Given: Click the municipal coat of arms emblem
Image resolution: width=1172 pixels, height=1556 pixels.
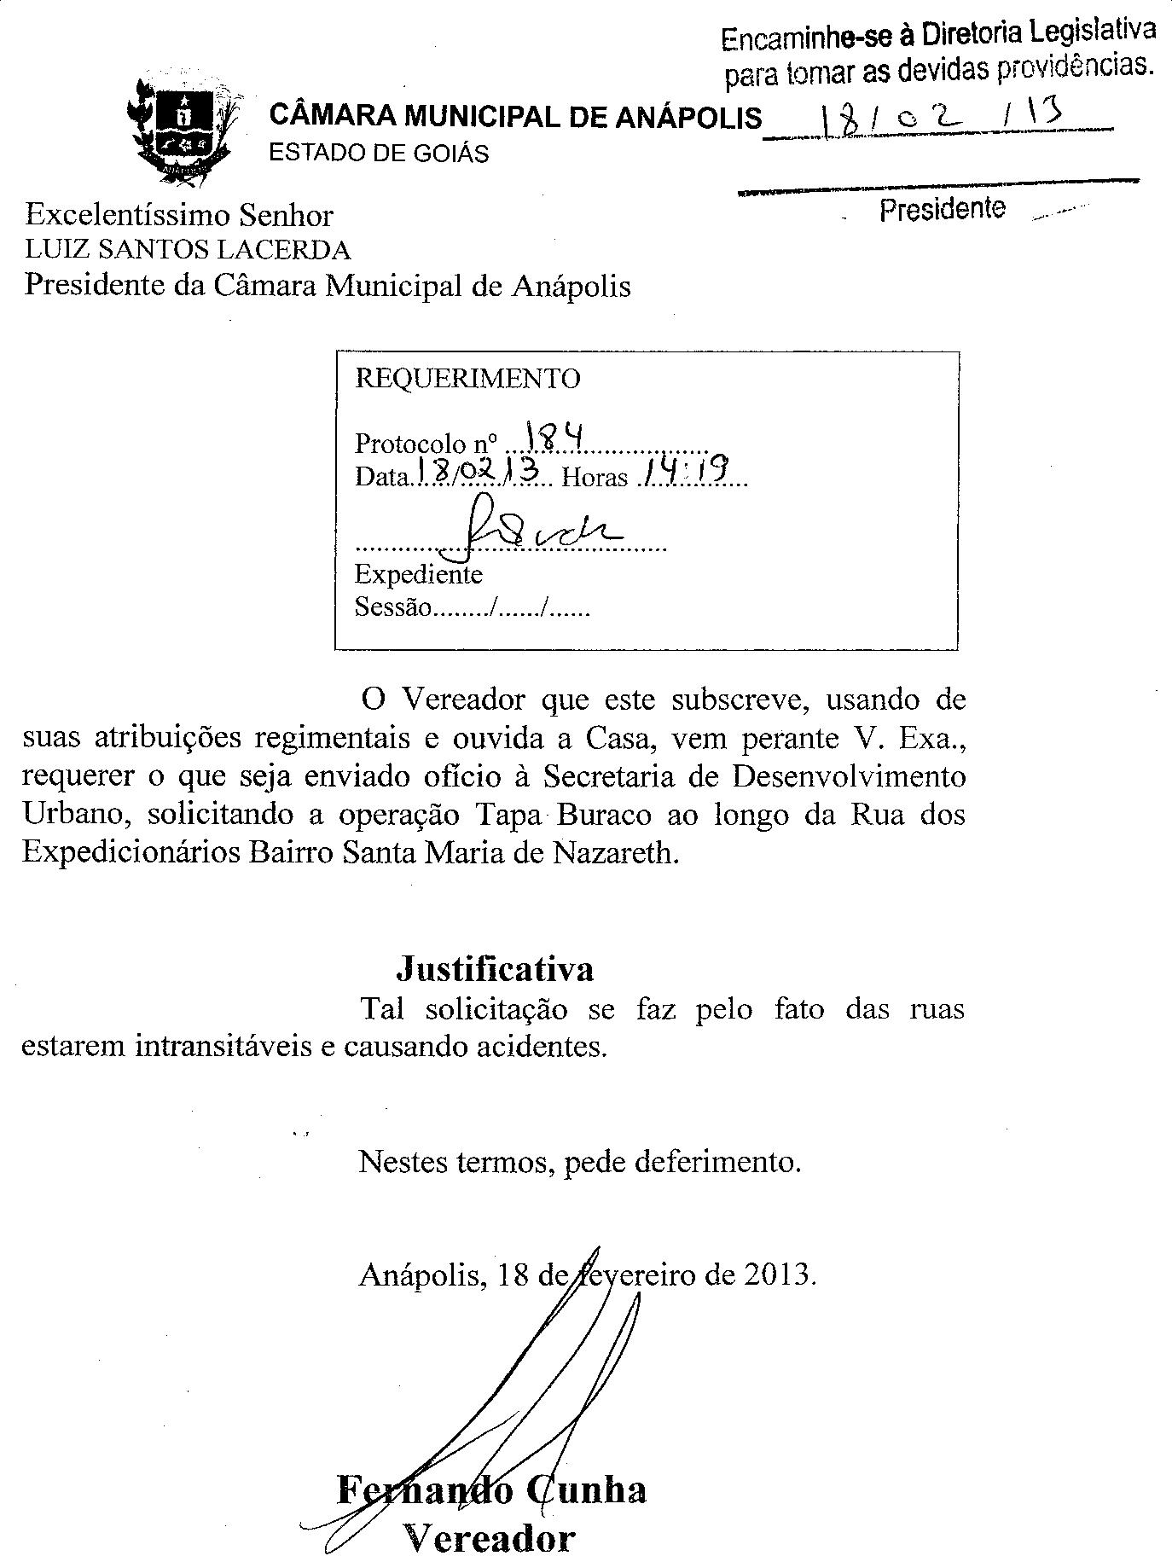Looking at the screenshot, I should (183, 128).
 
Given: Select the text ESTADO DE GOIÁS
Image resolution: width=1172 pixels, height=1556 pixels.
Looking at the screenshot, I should (379, 154).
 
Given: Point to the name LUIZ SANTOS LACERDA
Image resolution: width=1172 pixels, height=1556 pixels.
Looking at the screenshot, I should (188, 250).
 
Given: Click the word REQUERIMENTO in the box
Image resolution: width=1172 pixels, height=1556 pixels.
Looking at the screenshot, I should (467, 378).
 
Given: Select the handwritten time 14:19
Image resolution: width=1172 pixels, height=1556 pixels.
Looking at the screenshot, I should (689, 468).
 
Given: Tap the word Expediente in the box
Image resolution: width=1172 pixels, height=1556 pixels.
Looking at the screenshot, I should (418, 574).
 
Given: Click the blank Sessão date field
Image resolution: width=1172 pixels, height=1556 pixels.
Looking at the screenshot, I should (512, 608).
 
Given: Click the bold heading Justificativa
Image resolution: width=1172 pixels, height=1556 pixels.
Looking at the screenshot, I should (495, 969).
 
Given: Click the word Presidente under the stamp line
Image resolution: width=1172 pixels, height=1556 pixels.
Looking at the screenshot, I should (943, 209).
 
